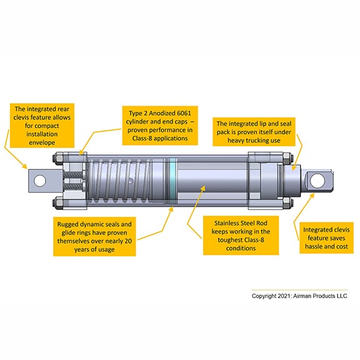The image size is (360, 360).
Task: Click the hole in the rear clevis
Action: (40, 181)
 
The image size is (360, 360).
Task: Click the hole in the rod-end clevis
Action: (317, 181)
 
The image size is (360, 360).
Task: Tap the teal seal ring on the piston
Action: (172, 181)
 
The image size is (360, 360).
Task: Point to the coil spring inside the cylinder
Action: (119, 181)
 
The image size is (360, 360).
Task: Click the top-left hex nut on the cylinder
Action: (58, 157)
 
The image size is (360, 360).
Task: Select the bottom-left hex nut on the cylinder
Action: (58, 203)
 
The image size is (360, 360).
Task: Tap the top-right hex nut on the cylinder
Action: (287, 158)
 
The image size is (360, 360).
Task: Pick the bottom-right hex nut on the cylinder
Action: (287, 202)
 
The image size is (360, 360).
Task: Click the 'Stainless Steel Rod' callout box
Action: (241, 236)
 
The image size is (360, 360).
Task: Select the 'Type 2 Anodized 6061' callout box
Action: (160, 126)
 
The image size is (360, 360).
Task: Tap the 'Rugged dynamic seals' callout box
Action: (94, 237)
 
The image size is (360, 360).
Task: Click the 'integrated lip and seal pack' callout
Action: (254, 132)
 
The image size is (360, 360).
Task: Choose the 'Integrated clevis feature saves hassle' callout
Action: (326, 238)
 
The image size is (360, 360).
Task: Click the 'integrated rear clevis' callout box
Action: (42, 126)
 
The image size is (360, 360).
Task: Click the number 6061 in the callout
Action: (184, 113)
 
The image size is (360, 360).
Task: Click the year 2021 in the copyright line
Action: (285, 296)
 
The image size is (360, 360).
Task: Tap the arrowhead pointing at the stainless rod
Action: (202, 189)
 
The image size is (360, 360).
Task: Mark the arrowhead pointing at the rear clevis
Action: (24, 166)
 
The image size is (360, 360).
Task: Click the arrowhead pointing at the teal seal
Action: (171, 209)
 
